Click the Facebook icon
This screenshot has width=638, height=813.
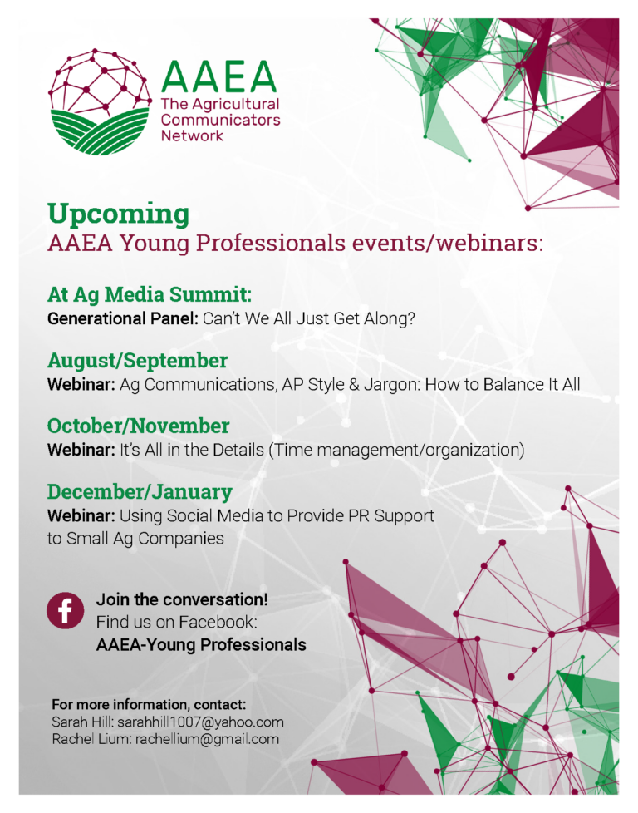tap(64, 611)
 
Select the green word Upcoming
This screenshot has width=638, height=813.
tap(118, 214)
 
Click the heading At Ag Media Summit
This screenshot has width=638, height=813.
tap(150, 294)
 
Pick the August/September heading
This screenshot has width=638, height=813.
tap(137, 360)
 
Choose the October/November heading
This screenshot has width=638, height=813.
tap(138, 426)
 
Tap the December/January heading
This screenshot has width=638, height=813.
tap(140, 490)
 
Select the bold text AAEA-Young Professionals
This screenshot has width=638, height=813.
tap(201, 644)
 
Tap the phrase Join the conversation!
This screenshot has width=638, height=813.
tap(182, 599)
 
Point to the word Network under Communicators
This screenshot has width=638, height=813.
tap(192, 135)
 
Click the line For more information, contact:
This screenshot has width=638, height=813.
tap(149, 705)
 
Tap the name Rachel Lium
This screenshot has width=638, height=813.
tap(81, 739)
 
